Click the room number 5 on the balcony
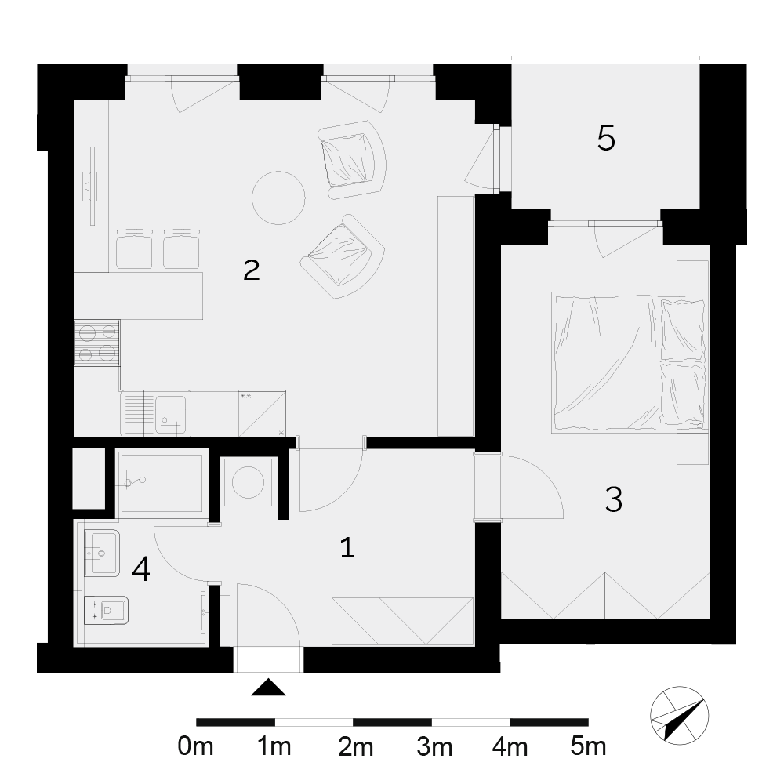pos(606,138)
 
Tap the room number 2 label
pos(252,270)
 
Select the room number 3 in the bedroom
pos(614,499)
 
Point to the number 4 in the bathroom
pos(141,569)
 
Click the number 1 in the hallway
pos(347,547)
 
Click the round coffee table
pos(278,198)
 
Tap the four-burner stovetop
pos(97,343)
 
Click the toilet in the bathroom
pos(106,610)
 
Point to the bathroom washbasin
pos(101,553)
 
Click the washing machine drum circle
pos(249,482)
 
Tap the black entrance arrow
pos(268,688)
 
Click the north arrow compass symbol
pos(680,716)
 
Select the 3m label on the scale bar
pos(434,747)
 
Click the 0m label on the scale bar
pos(195,747)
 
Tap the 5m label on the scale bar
pos(588,747)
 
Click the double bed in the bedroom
pos(630,362)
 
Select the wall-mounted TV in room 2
pos(92,186)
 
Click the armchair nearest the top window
pos(352,159)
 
